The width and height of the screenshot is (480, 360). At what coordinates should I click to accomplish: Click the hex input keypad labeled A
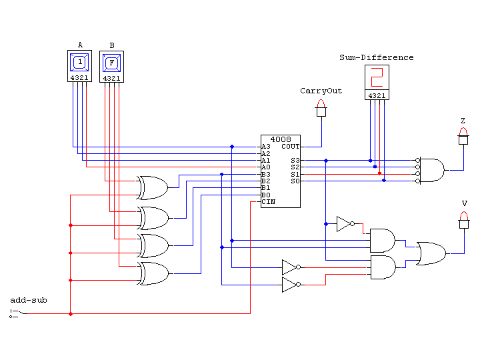pos(80,63)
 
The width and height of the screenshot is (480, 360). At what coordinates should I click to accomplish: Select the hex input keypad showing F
pos(112,63)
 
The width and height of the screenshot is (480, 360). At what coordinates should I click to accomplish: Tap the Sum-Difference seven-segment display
pos(377,78)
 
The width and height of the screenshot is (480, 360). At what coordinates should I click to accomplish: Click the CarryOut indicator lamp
pos(321,107)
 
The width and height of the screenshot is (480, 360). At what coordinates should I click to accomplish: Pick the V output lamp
pos(463,219)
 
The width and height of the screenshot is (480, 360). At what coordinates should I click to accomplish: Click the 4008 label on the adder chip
pos(281,139)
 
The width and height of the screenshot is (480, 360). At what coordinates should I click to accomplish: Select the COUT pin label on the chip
pos(290,146)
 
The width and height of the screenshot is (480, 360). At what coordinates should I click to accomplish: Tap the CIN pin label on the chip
pos(268,201)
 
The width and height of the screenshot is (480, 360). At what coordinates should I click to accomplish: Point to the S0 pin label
pos(295,181)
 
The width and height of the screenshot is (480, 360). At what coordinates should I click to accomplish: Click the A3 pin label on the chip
pos(266,146)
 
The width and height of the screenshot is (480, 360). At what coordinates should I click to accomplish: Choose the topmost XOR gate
pos(153,188)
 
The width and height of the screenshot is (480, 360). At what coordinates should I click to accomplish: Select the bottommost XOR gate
pos(153,273)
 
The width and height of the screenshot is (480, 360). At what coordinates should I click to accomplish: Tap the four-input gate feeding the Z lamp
pos(431,170)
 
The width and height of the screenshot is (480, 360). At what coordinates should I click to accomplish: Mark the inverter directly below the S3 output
pos(345,224)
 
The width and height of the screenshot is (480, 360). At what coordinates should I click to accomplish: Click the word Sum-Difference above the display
pos(377,57)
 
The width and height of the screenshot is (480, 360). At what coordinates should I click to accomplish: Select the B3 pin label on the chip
pos(266,174)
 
